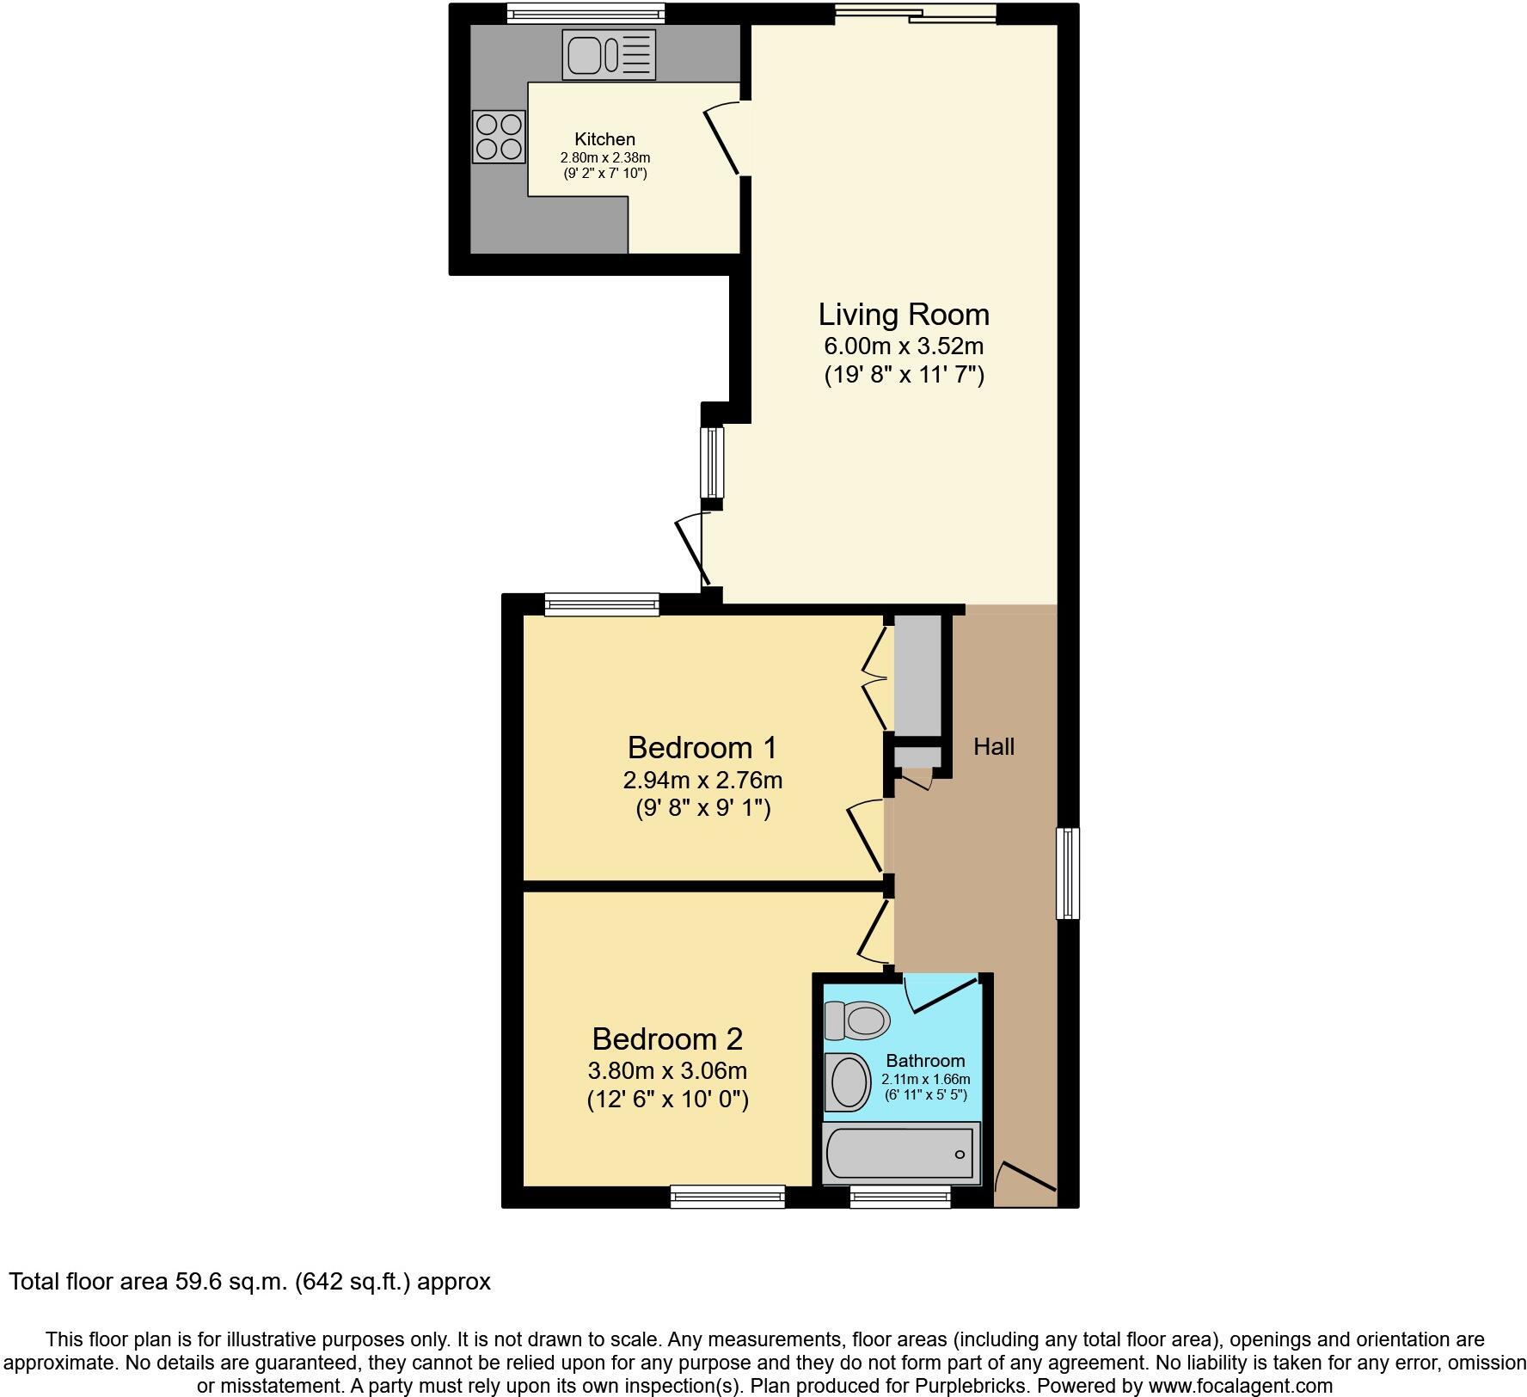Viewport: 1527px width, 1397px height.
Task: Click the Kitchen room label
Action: [604, 139]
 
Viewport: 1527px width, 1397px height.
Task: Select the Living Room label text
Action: [904, 315]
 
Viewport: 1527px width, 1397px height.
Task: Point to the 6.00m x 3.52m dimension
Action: [904, 347]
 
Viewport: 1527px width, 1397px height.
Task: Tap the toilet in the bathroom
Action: [857, 1021]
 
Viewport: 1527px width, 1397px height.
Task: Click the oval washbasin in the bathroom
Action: [849, 1081]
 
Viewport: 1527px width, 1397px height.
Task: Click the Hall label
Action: [994, 747]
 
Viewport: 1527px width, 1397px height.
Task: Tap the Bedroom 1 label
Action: [702, 748]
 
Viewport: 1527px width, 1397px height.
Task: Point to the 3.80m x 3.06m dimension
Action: [667, 1071]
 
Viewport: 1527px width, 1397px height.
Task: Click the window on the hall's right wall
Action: [1068, 873]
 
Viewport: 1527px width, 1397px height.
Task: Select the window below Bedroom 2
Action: [727, 1196]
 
